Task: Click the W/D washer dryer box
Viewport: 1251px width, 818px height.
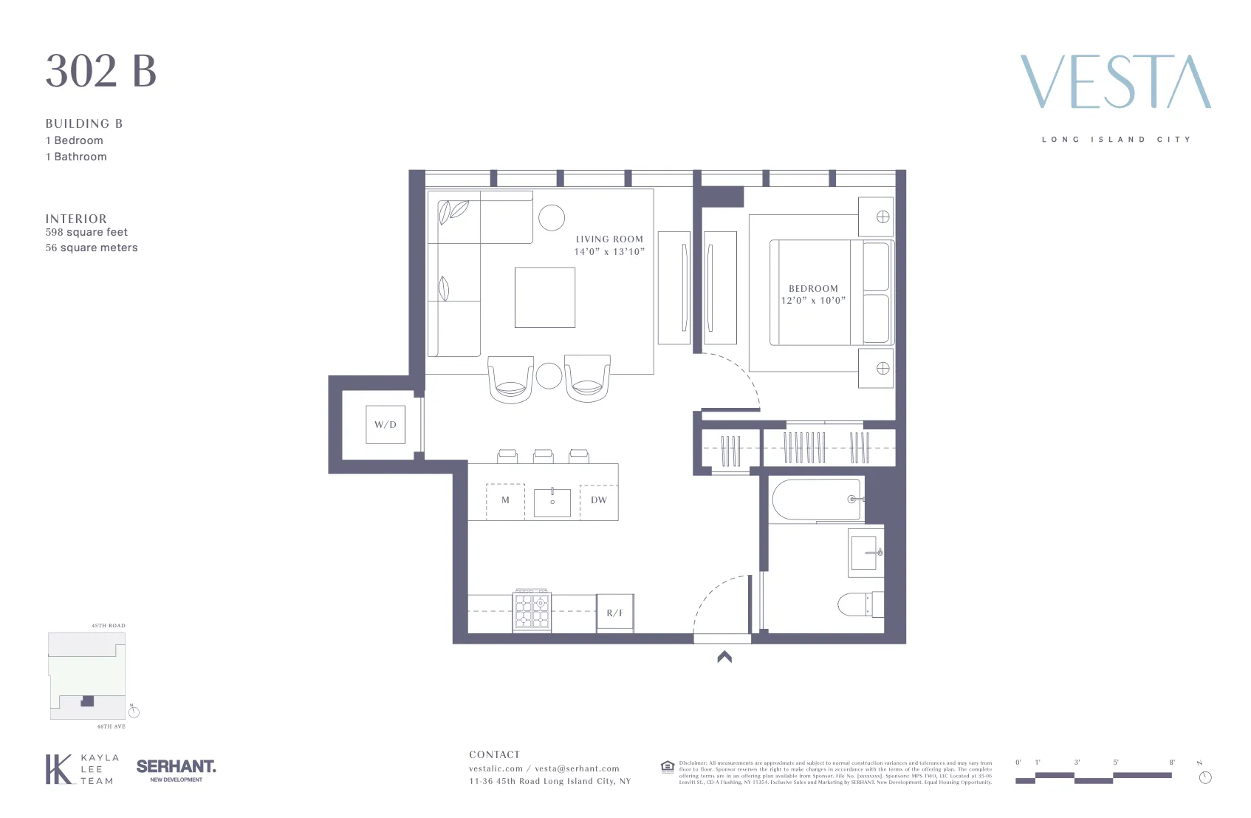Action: click(x=385, y=425)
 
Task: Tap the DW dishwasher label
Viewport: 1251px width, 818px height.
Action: click(x=599, y=500)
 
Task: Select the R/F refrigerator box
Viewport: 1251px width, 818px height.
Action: click(x=615, y=613)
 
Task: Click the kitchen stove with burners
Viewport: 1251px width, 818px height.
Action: click(x=532, y=610)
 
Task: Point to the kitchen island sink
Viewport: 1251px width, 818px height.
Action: click(x=552, y=502)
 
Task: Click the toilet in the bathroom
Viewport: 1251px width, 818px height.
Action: click(x=860, y=604)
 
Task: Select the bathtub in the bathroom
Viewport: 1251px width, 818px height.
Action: click(x=816, y=500)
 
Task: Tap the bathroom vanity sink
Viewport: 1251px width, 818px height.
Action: click(x=866, y=553)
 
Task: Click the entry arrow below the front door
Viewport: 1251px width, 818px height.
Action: click(x=724, y=656)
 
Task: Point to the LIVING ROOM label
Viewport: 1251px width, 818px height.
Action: click(x=609, y=239)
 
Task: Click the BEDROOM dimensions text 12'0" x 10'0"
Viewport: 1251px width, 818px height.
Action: click(x=813, y=301)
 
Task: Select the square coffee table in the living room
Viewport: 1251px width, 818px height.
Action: click(x=545, y=298)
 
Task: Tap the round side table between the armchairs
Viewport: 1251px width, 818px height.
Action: click(x=549, y=375)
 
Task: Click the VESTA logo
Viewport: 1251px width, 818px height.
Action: click(x=1115, y=82)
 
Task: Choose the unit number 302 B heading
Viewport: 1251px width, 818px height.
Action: click(x=101, y=71)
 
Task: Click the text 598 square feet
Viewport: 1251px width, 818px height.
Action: click(x=86, y=232)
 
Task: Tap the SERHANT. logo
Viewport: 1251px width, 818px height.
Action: click(x=176, y=767)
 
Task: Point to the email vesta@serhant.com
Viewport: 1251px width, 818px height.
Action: click(x=577, y=768)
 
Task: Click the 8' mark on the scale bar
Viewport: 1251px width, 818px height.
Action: click(x=1171, y=763)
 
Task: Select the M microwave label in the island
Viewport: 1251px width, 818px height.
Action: click(x=505, y=500)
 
